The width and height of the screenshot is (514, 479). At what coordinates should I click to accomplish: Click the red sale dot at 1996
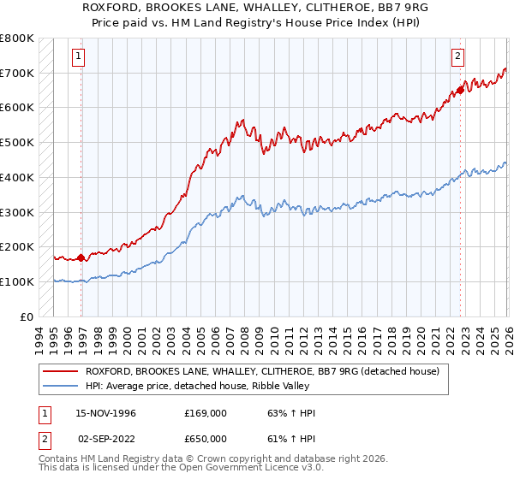[x=81, y=257]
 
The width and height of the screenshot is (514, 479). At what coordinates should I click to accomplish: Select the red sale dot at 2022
[x=460, y=89]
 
